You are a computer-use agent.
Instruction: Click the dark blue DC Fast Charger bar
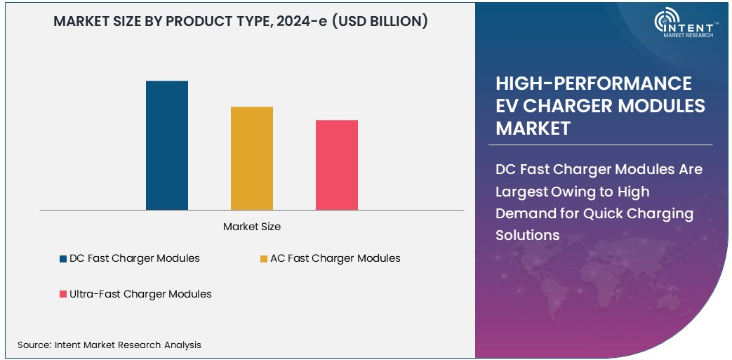(x=167, y=145)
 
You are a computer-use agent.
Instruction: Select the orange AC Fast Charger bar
(x=252, y=158)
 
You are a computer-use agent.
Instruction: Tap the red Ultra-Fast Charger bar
(x=337, y=165)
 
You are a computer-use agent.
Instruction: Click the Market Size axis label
(x=252, y=227)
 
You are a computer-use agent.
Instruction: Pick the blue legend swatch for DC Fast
(x=63, y=259)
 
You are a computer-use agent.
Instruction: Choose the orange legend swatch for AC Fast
(x=264, y=259)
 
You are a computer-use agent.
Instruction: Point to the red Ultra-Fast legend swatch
(x=63, y=295)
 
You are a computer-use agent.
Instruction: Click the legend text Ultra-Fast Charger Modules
(x=140, y=294)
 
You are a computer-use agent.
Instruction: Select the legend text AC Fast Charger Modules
(x=335, y=258)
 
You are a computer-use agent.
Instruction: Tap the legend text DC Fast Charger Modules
(x=135, y=258)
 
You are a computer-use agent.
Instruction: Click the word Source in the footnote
(x=34, y=345)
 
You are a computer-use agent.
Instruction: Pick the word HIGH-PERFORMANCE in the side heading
(x=594, y=84)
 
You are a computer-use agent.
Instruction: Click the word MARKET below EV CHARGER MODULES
(x=533, y=128)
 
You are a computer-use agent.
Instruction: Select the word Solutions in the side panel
(x=528, y=235)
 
